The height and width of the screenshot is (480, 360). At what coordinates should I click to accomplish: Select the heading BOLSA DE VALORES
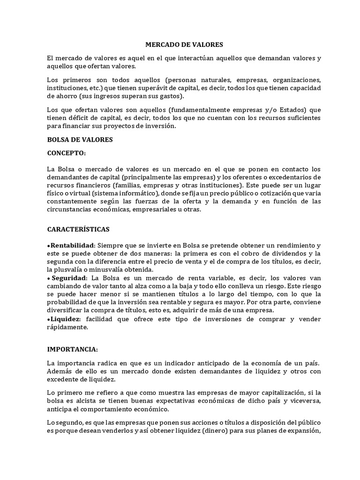[x=80, y=139]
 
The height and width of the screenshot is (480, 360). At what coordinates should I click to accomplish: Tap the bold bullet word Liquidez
[x=65, y=319]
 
